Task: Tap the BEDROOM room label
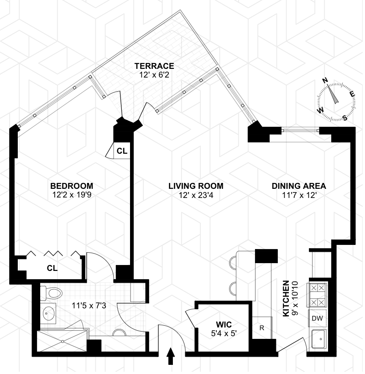point(72,186)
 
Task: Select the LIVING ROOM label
point(196,186)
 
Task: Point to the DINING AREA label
point(298,186)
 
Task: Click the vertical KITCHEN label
point(286,298)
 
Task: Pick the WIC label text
point(224,324)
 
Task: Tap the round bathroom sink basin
point(48,313)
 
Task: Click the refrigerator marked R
point(262,328)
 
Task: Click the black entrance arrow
point(171,356)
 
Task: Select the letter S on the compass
point(345,116)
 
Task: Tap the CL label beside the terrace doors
point(122,151)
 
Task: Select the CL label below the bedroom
point(52,268)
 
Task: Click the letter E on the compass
point(352,94)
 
